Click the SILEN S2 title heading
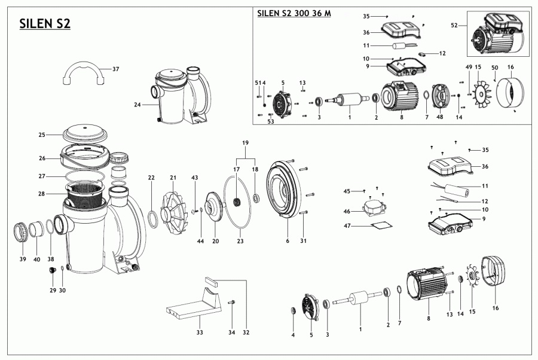45,23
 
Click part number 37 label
115,69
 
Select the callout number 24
137,104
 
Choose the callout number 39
23,259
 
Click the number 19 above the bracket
244,144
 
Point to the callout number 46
346,211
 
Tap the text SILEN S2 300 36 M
294,13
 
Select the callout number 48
440,117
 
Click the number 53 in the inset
271,121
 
